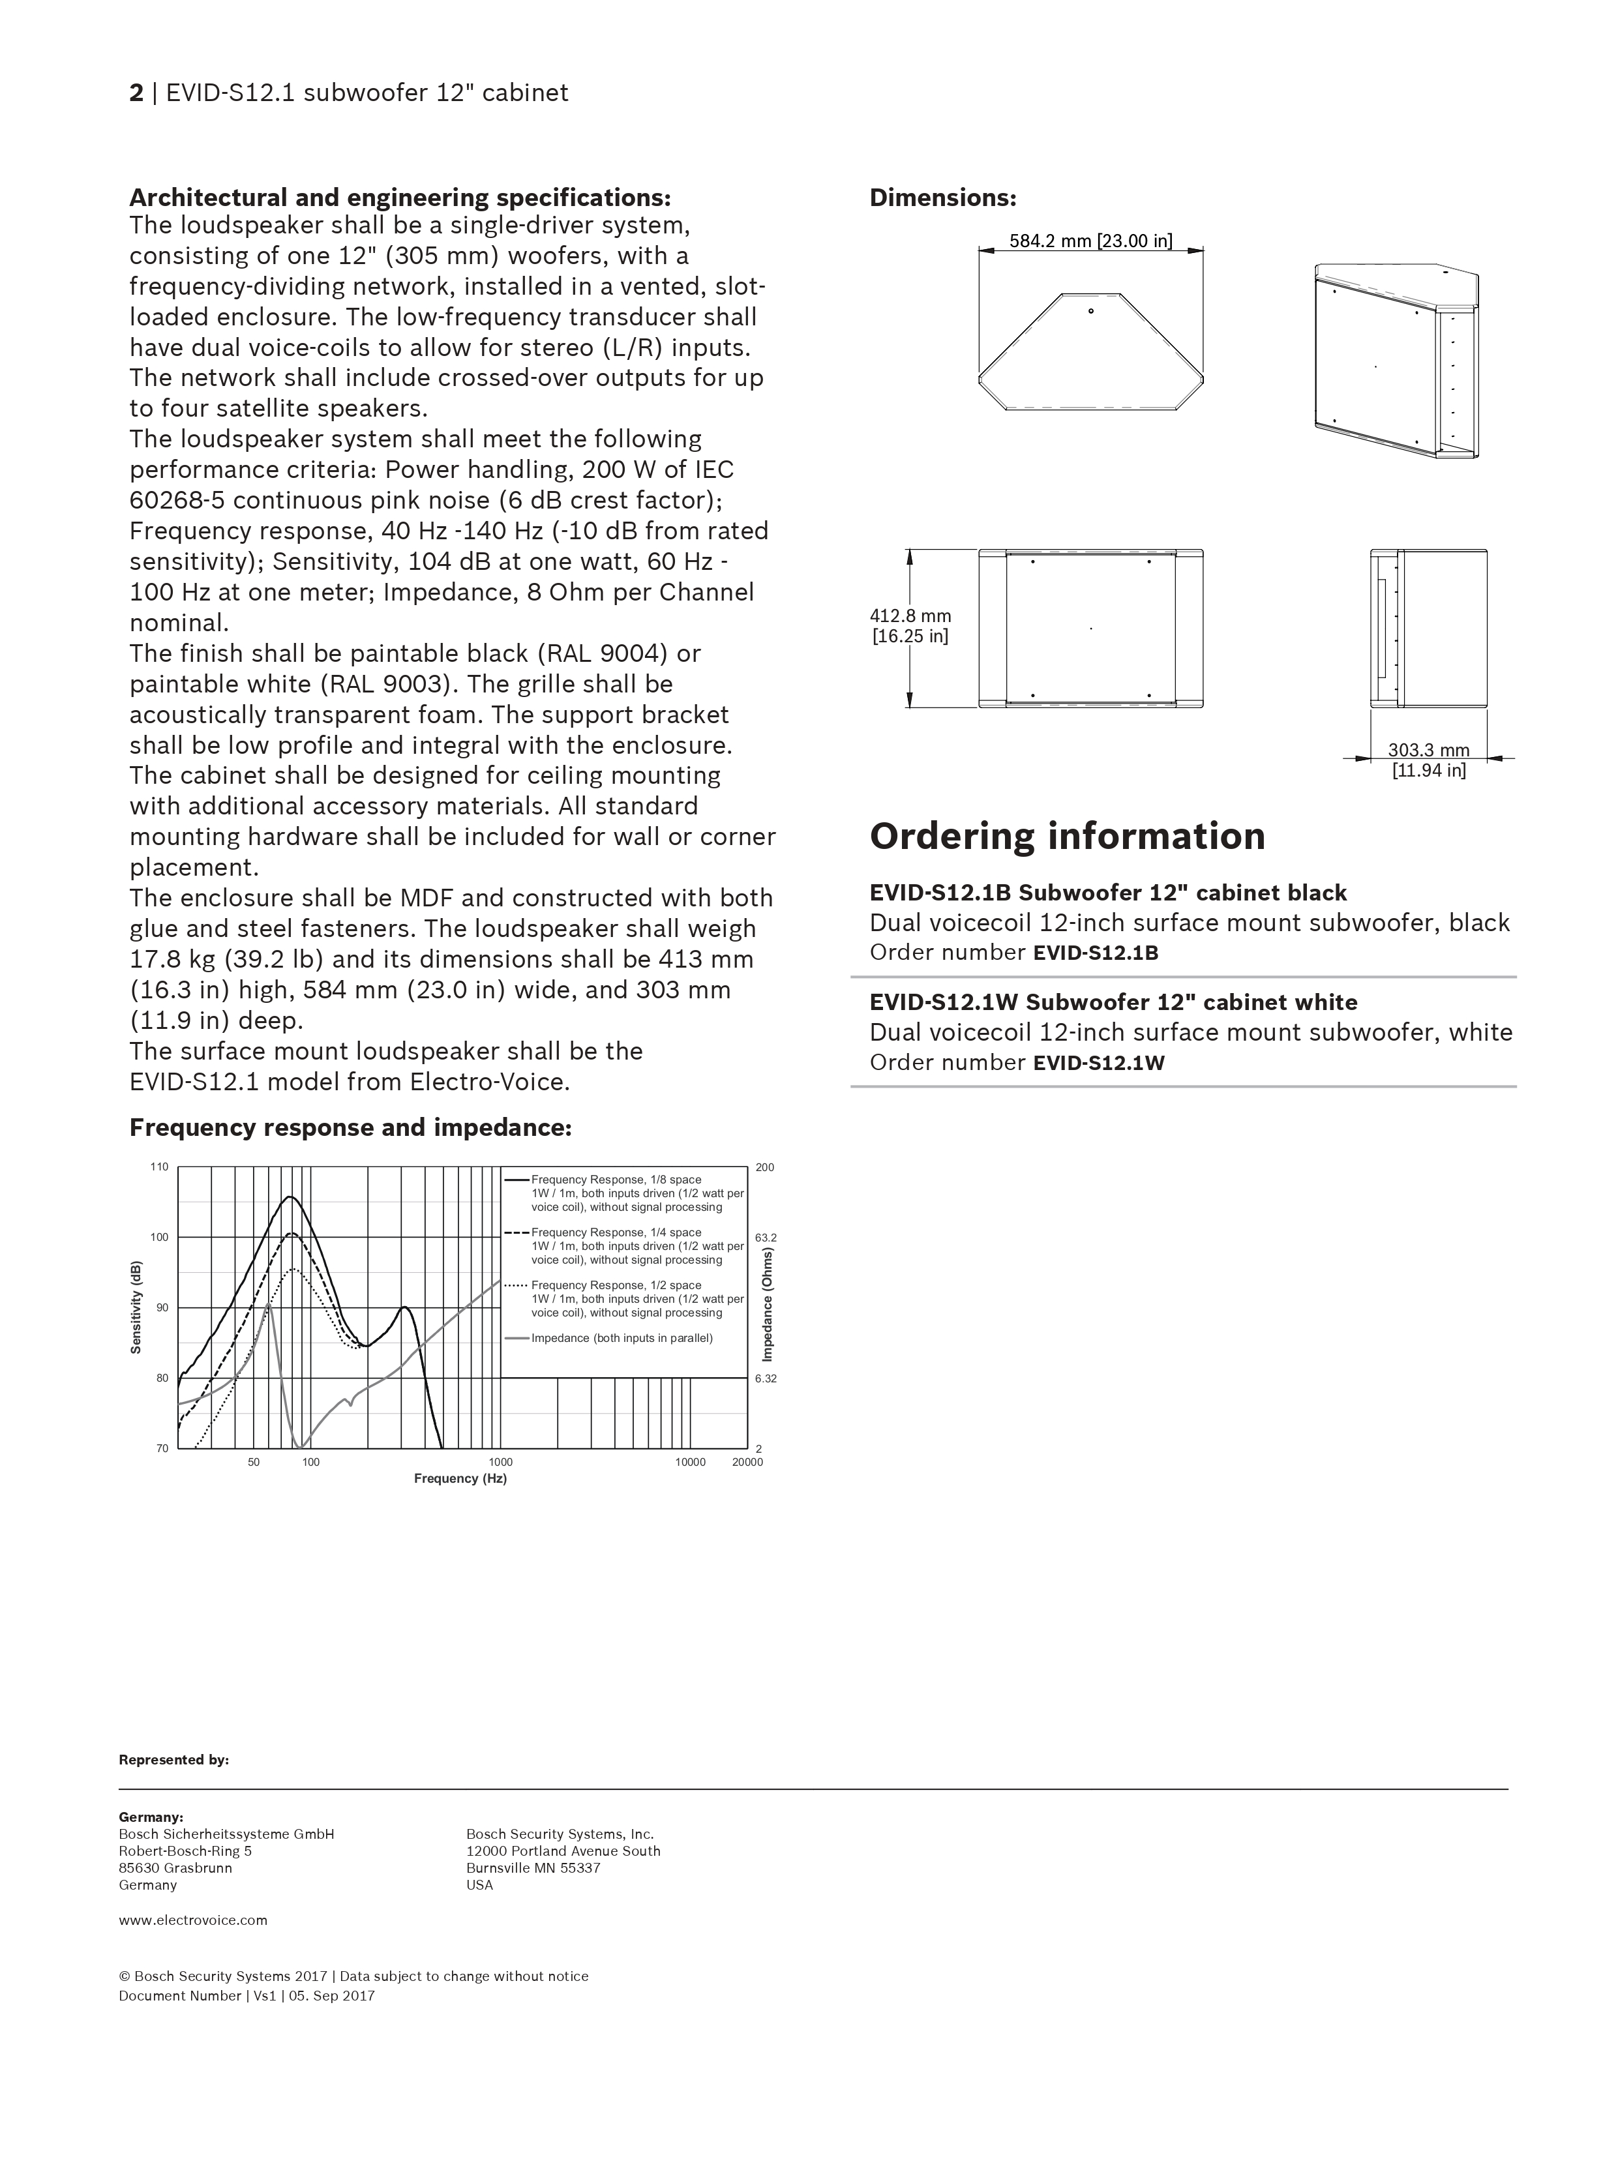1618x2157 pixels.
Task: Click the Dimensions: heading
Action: (x=942, y=198)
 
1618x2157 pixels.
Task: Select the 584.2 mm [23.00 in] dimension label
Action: (x=1090, y=241)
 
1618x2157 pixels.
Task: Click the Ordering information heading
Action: (x=1067, y=837)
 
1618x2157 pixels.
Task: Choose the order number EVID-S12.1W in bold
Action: (x=1098, y=1063)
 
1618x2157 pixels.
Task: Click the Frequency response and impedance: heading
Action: (x=350, y=1128)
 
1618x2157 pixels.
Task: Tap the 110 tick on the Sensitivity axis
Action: (x=159, y=1167)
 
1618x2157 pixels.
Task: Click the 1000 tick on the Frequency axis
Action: (x=500, y=1463)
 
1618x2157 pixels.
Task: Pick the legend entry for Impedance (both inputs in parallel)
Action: (x=622, y=1338)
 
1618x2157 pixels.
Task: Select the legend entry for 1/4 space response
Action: (x=616, y=1232)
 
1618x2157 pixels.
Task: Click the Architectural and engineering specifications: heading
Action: (x=400, y=198)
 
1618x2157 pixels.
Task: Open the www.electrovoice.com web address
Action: (x=193, y=1920)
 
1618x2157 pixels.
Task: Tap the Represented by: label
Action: (x=173, y=1760)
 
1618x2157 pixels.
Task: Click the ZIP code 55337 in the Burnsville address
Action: (x=580, y=1868)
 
